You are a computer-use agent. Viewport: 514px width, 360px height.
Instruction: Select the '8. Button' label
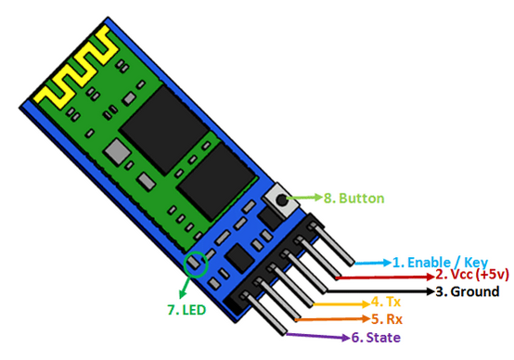pos(353,198)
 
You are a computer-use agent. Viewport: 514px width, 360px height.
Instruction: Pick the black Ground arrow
pos(390,290)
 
